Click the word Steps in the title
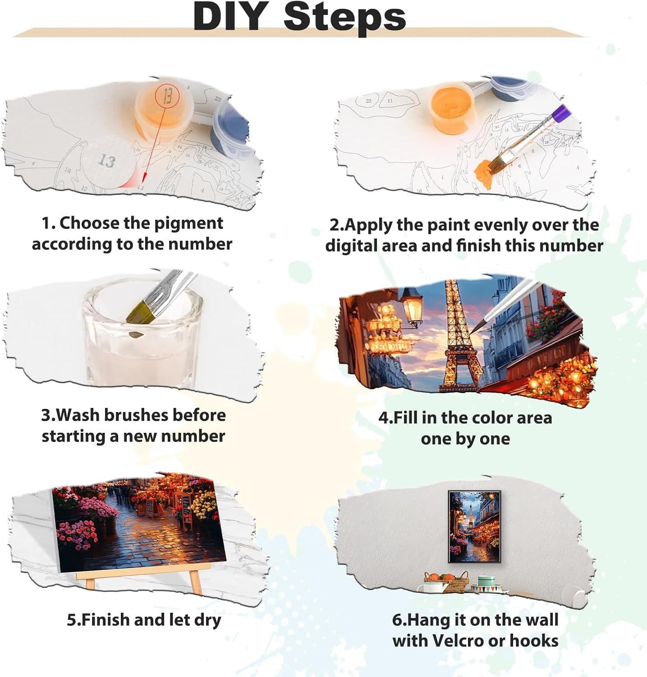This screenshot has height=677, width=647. click(345, 17)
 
